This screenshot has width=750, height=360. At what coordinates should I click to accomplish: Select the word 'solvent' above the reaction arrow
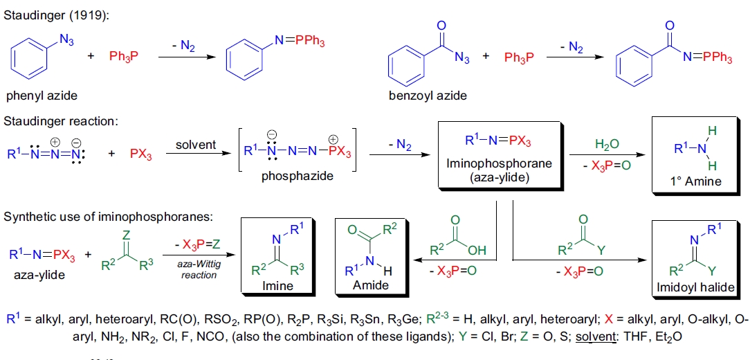point(196,145)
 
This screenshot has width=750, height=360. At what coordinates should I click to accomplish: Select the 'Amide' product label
point(367,285)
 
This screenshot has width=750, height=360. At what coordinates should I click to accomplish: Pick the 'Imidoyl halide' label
point(699,287)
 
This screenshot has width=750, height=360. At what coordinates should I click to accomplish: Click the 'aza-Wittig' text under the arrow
point(200,266)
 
